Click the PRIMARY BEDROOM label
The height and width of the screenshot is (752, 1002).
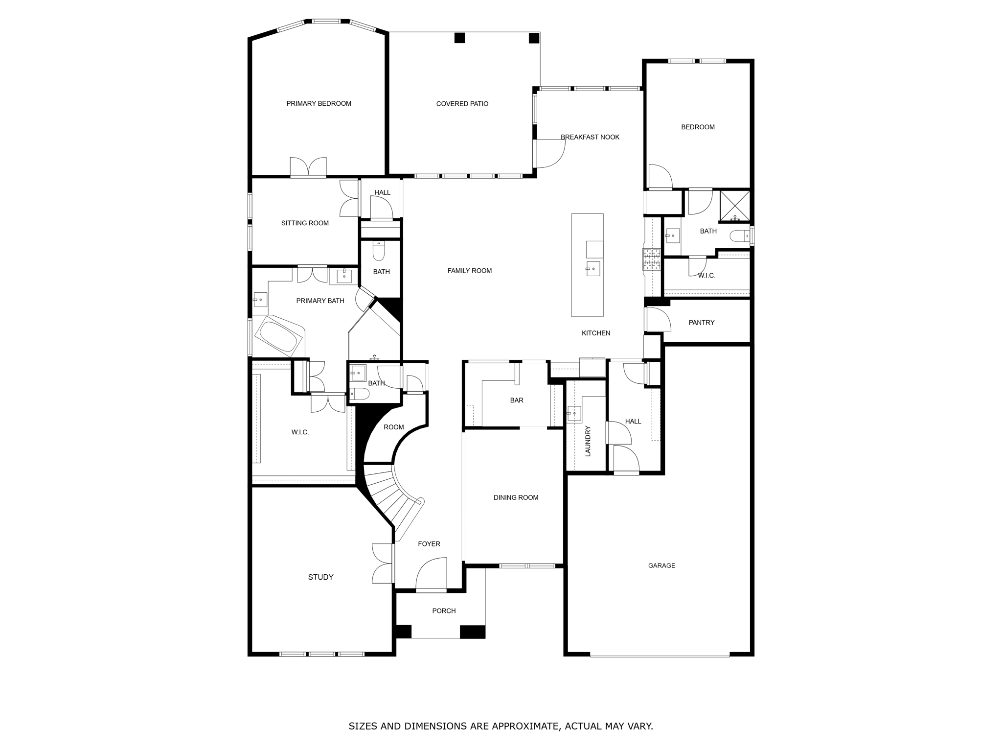[319, 103]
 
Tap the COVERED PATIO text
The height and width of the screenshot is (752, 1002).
[462, 104]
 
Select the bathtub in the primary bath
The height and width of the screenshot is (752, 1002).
[280, 336]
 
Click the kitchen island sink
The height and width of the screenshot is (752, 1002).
[593, 268]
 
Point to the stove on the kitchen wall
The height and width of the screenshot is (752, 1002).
[651, 259]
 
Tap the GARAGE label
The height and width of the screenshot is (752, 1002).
[661, 565]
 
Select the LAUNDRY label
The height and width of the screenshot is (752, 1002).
[588, 441]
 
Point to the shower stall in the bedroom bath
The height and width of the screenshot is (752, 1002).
[735, 206]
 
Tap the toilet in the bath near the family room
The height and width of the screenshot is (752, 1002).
[379, 252]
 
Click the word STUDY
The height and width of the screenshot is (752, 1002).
[320, 577]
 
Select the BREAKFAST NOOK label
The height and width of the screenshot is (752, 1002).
[590, 137]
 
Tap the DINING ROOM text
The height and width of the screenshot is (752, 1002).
[516, 497]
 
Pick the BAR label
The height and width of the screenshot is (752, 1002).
[517, 400]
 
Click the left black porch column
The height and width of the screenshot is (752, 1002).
[403, 632]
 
